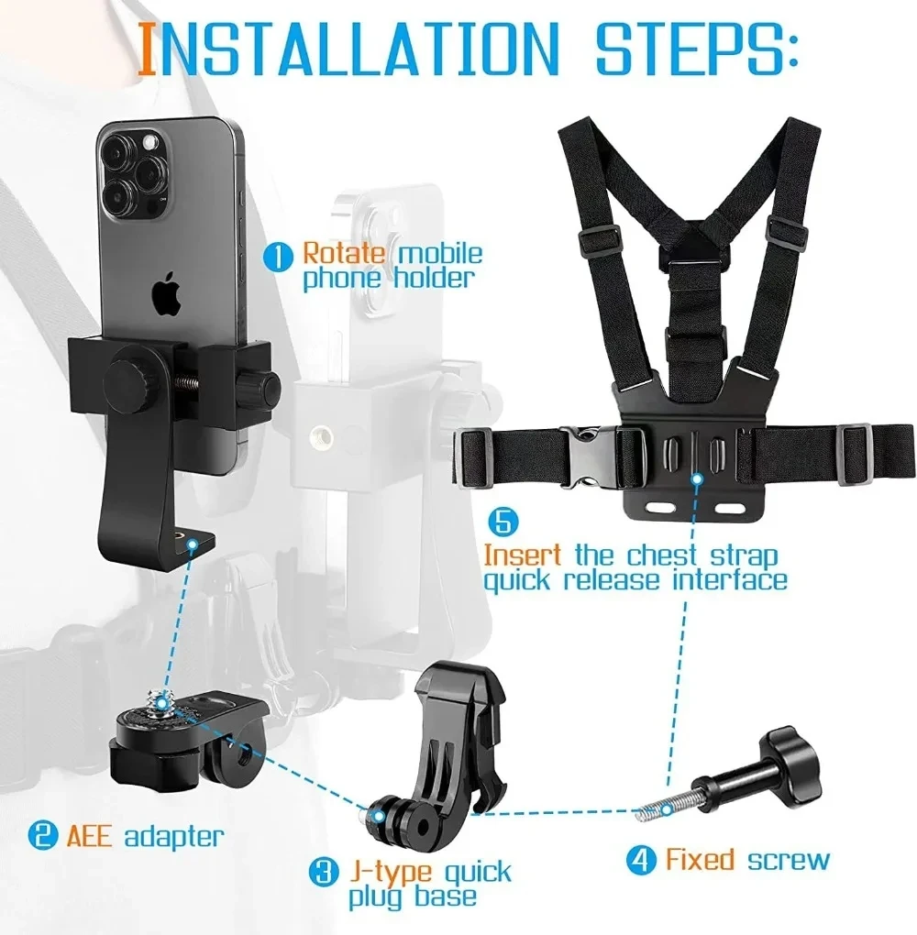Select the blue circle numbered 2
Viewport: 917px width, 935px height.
click(x=40, y=835)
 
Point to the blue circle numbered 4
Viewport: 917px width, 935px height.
click(x=641, y=860)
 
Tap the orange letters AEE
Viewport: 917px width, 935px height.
click(x=89, y=835)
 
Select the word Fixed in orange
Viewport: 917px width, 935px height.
click(x=700, y=860)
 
